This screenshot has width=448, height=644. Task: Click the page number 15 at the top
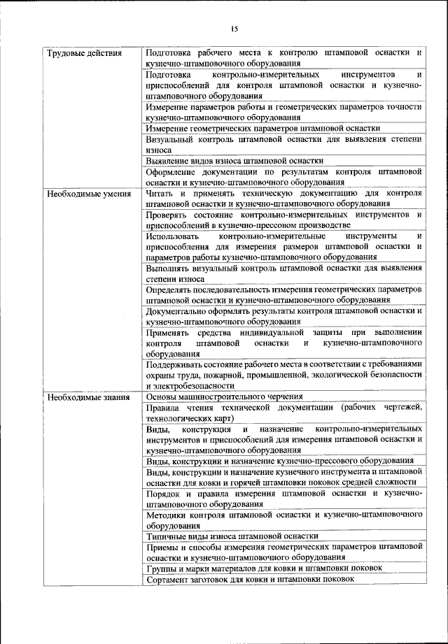(234, 29)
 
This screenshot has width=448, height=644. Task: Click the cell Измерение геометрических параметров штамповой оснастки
(262, 128)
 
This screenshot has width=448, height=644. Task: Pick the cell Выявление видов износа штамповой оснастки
(234, 160)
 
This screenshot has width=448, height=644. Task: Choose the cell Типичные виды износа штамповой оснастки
(232, 536)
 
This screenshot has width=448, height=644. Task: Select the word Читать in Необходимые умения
(159, 193)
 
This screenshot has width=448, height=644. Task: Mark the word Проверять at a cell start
(169, 214)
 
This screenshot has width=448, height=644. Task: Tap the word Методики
(167, 514)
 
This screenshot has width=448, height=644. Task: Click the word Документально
(178, 310)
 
